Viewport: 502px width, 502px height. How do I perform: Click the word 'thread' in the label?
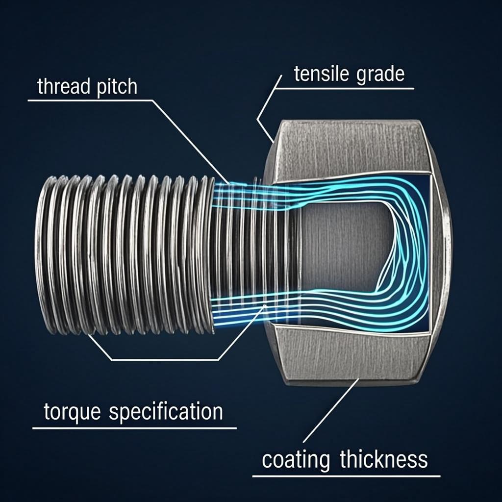tap(63, 87)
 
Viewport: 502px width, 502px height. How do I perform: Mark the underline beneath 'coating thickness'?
tap(346, 476)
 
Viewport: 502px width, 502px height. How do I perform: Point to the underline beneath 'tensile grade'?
tap(348, 89)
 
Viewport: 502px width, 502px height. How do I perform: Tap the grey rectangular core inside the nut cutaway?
tap(338, 245)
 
